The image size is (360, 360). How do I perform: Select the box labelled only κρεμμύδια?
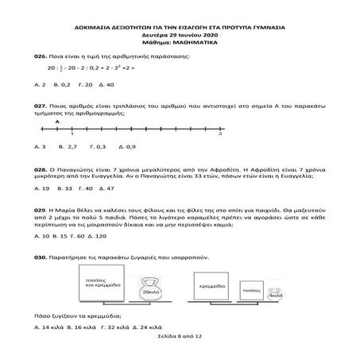point(211,284)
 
